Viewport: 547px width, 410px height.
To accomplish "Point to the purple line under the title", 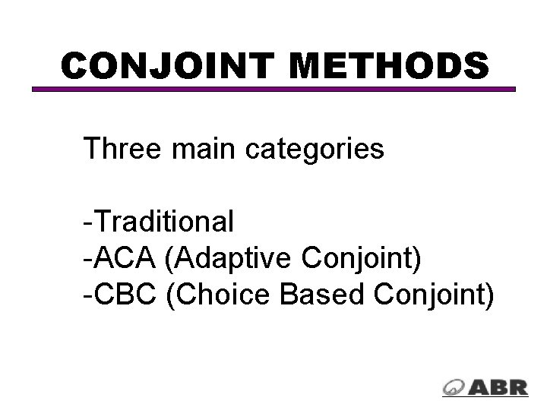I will click(273, 89).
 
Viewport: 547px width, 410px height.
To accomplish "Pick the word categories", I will click(315, 150).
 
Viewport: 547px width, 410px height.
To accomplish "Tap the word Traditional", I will click(164, 222).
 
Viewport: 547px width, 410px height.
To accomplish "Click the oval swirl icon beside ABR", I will click(455, 386).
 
